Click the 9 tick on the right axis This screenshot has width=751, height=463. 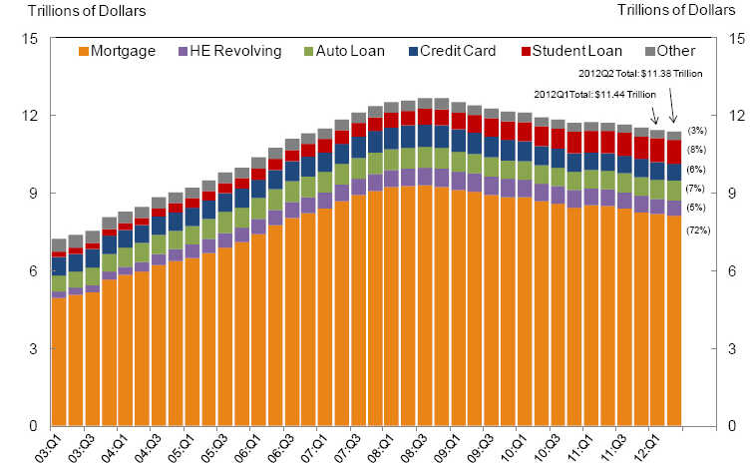(x=736, y=194)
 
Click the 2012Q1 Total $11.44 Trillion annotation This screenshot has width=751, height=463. (x=595, y=94)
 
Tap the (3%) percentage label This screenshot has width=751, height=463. (x=698, y=131)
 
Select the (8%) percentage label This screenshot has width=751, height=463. (x=698, y=149)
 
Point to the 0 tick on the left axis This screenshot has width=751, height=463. (x=30, y=426)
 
